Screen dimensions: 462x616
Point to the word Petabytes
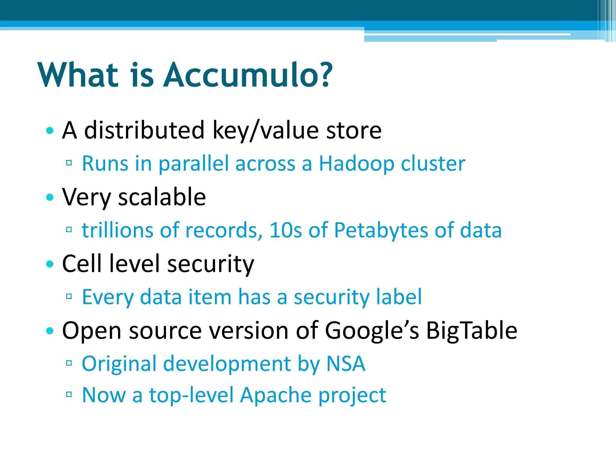coord(381,230)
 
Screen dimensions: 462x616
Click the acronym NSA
coord(346,364)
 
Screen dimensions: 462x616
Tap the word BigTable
coord(472,331)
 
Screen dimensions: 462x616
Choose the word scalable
coord(162,197)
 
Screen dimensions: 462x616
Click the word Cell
coord(82,264)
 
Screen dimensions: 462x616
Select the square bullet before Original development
coord(69,363)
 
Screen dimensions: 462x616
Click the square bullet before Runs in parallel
coord(69,163)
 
